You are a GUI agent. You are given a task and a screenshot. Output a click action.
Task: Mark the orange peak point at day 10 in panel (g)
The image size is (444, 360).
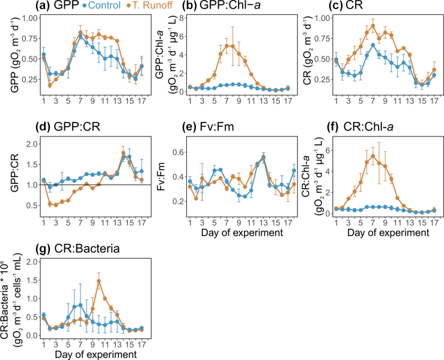[x=99, y=281]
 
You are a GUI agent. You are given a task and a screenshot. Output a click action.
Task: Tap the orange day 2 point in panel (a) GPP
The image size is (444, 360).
[x=49, y=85]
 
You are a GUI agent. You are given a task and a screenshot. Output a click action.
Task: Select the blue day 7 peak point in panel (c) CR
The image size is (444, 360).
[x=373, y=45]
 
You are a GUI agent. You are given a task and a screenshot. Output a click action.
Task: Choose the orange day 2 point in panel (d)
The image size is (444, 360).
[x=49, y=204]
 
